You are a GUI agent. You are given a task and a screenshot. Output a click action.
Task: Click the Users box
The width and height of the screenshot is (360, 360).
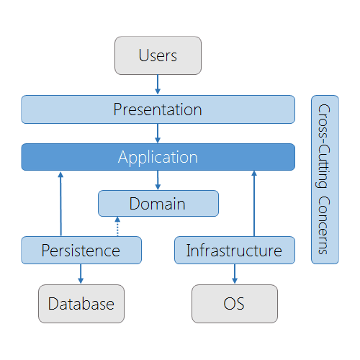point(158,55)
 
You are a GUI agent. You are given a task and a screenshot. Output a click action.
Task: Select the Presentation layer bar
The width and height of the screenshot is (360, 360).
point(158,109)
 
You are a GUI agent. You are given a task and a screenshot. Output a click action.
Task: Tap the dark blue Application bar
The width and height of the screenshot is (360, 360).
point(158,157)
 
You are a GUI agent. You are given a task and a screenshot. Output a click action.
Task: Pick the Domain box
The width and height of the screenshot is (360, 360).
point(158,204)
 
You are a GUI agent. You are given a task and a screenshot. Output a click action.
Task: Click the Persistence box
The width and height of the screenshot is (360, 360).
point(81,250)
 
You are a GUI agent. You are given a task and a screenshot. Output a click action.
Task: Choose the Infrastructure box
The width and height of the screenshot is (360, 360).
point(234,250)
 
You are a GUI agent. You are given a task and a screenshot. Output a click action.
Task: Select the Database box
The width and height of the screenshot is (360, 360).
point(81,303)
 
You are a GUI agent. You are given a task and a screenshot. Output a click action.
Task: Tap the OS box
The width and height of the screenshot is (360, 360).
point(234,303)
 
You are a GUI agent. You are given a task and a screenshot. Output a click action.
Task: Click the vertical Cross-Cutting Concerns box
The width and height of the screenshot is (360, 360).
point(325,179)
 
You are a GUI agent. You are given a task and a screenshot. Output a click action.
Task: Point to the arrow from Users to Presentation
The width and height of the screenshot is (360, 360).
point(158,84)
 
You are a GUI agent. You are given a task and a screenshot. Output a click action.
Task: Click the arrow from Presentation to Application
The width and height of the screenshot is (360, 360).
point(158,133)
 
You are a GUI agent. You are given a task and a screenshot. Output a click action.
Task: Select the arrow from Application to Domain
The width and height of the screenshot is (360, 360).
point(158,180)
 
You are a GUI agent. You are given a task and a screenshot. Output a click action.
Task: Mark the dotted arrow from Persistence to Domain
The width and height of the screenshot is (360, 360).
point(117,226)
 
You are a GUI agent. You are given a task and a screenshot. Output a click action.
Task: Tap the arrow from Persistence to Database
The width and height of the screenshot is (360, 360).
point(81,274)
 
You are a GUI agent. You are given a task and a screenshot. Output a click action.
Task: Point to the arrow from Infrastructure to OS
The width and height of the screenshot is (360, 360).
point(234,274)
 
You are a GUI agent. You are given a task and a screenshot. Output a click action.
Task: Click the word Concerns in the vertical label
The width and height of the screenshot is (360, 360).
point(325,224)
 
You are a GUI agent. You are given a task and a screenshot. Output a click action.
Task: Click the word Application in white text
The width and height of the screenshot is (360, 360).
point(158,157)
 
